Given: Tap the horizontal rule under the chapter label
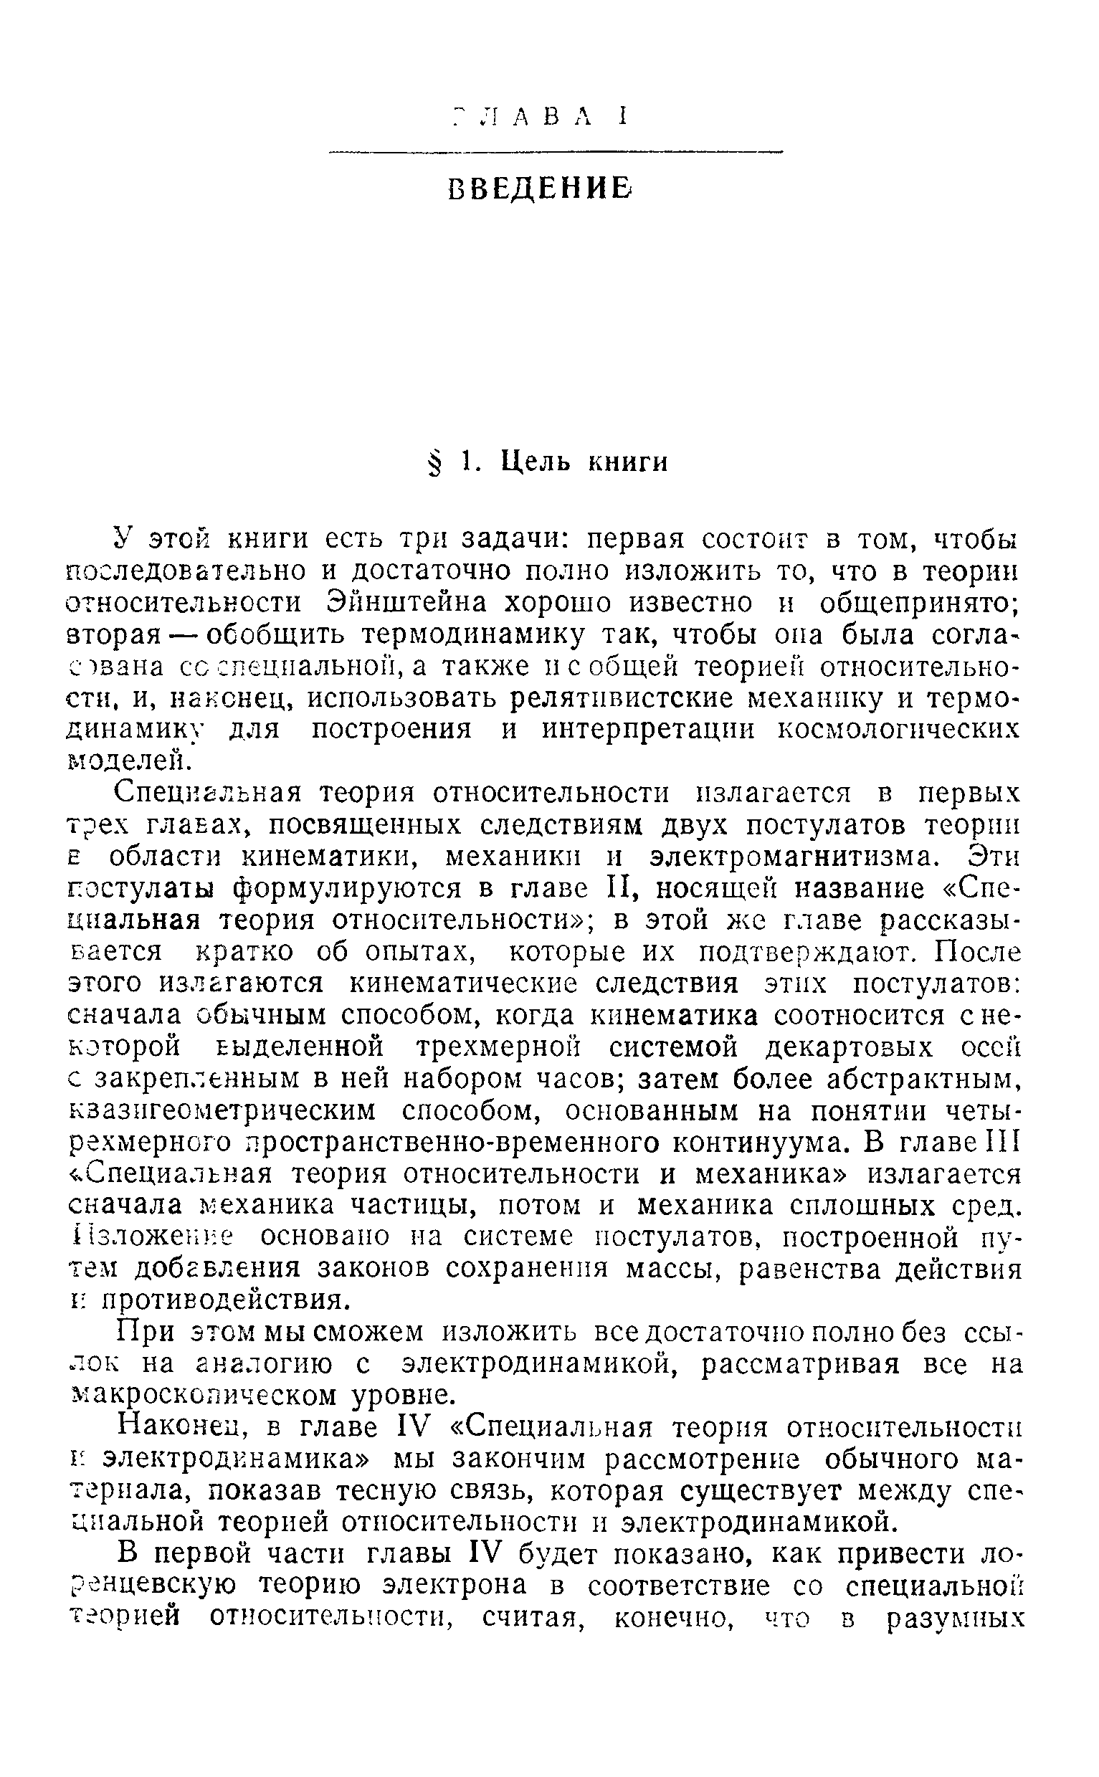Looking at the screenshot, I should point(556,151).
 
